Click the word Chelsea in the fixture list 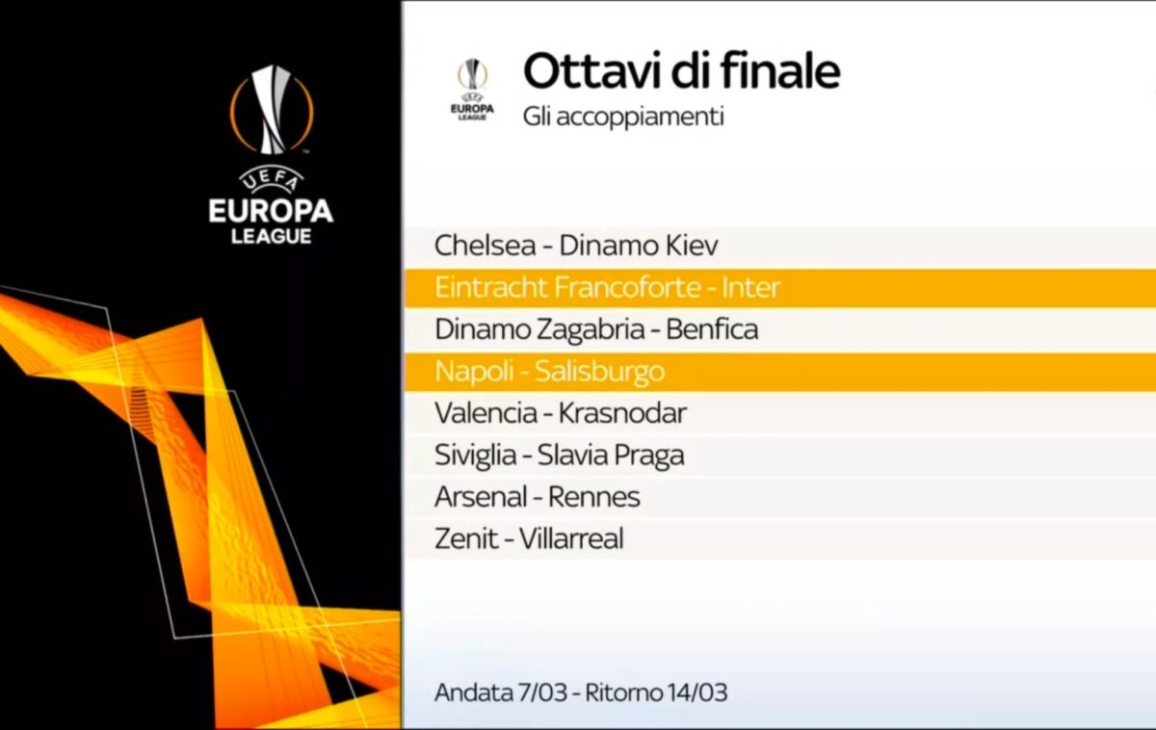point(485,245)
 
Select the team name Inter point(750,287)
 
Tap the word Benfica point(712,329)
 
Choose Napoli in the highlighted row point(474,372)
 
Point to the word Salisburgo point(599,372)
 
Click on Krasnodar point(622,413)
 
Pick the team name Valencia point(486,413)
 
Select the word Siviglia point(475,456)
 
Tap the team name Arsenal point(480,497)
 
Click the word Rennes point(593,497)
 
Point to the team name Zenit point(466,538)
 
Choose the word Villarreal point(571,538)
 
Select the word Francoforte point(627,287)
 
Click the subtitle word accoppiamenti point(640,117)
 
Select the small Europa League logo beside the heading point(472,90)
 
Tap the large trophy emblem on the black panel point(272,110)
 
